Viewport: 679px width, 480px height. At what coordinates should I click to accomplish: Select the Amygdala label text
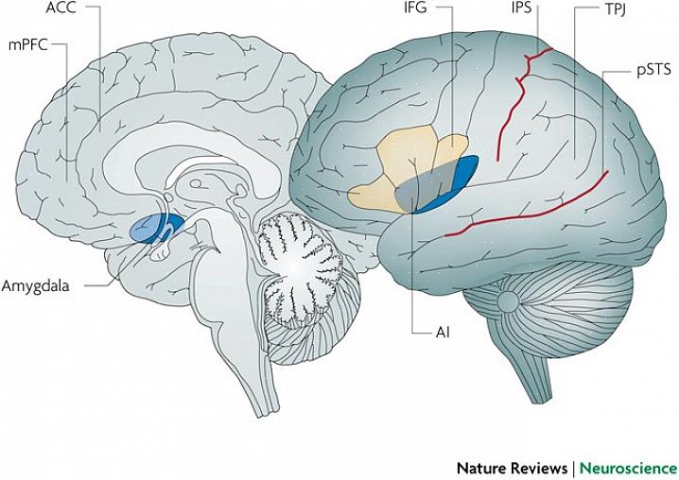pyautogui.click(x=38, y=283)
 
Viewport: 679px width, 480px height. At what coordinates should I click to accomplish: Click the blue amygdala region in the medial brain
pyautogui.click(x=151, y=227)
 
